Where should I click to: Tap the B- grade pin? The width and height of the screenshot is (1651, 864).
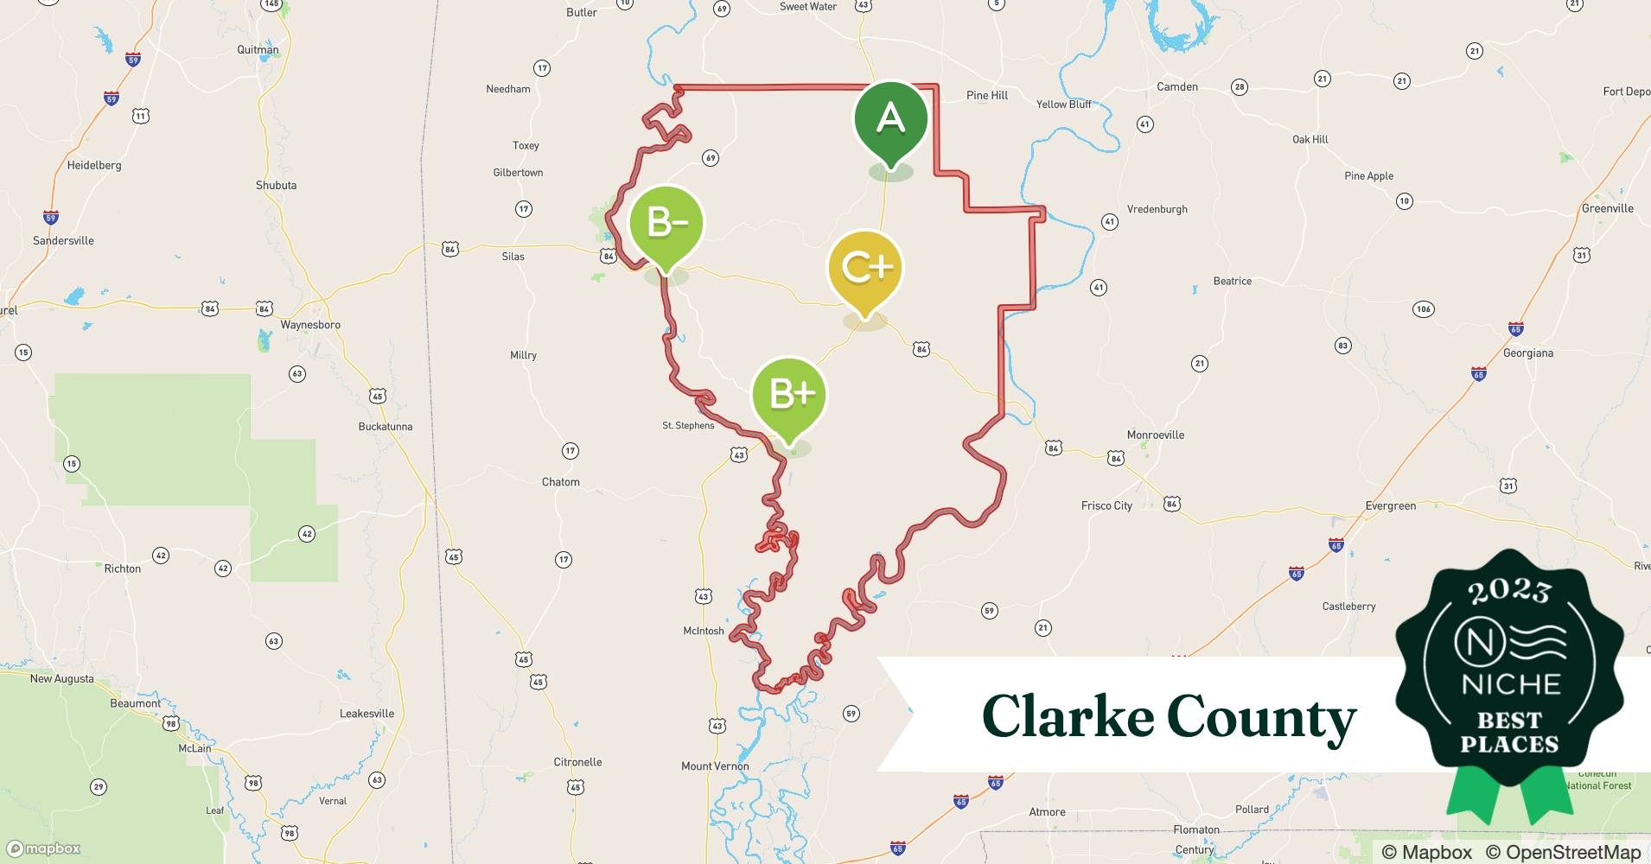coord(666,224)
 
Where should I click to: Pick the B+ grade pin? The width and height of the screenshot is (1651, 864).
coord(789,395)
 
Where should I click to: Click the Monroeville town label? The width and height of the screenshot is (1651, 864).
coord(1155,435)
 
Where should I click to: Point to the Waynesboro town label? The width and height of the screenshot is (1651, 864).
coord(310,325)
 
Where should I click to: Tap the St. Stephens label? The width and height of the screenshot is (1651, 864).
coord(688,425)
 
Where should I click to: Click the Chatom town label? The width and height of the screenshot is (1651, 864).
coord(560,482)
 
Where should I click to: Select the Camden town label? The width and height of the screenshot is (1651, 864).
coord(1177,86)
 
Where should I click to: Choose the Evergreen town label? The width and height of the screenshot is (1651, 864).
coord(1390,505)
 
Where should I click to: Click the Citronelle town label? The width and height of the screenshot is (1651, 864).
coord(577,762)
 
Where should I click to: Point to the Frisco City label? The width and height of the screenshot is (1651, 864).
coord(1106,505)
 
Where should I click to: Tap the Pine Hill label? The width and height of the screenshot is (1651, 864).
coord(987,95)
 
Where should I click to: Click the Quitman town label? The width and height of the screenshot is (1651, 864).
coord(258,49)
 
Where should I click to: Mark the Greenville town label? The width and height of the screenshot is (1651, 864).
coord(1607,208)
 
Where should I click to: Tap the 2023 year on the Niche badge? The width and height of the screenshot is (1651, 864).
coord(1509,591)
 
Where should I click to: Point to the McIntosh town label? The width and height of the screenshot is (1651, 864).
coord(704,631)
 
